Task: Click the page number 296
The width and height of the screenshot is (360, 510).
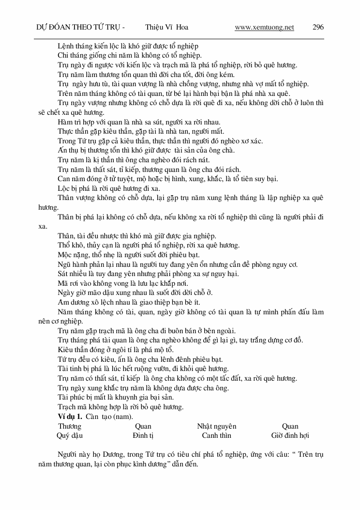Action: pos(318,27)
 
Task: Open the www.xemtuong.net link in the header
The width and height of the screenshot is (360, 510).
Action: pos(264,27)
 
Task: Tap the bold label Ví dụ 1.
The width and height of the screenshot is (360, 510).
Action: pos(70,417)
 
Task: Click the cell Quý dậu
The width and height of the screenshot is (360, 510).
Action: pos(70,435)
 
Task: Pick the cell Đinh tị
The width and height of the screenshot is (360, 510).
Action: pos(143,435)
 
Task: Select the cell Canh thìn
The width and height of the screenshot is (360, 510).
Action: pos(216,435)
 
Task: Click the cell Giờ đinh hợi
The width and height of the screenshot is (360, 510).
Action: pos(290,435)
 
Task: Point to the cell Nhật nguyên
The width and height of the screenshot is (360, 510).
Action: pos(216,426)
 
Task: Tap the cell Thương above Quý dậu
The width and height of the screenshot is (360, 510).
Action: pos(70,426)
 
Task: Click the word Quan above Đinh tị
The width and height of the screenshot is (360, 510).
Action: pos(143,426)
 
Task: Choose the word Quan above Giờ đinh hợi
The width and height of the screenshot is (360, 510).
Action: pos(290,426)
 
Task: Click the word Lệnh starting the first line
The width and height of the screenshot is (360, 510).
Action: pos(65,46)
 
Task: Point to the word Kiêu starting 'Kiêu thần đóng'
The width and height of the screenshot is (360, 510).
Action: pos(65,350)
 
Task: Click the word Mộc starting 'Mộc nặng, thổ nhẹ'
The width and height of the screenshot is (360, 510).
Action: pos(65,255)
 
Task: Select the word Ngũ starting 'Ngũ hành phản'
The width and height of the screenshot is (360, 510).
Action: pos(64,264)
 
